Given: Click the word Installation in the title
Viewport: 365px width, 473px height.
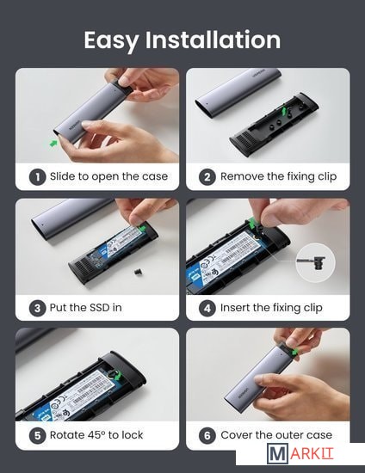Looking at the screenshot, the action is click(213, 40).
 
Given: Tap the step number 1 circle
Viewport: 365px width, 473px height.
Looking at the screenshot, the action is click(37, 177).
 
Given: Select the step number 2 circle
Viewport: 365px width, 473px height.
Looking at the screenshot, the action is click(207, 177).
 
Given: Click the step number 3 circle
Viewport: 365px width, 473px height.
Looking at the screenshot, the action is click(37, 308).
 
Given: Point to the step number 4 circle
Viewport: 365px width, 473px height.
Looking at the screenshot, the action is click(207, 308).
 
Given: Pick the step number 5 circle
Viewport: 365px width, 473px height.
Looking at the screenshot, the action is click(37, 436).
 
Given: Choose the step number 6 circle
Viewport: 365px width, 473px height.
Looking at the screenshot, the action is click(207, 436).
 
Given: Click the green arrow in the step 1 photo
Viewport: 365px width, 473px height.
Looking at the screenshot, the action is click(53, 144).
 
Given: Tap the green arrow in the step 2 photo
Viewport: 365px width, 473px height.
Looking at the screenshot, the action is click(283, 111).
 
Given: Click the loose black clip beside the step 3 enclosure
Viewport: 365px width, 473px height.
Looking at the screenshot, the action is click(139, 272).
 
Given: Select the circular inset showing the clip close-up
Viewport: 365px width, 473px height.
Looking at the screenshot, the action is click(315, 262).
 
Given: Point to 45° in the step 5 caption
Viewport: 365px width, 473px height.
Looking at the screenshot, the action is click(96, 435).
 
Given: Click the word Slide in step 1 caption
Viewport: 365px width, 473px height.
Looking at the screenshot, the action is click(63, 176).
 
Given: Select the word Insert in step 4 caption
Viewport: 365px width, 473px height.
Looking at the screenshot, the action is click(235, 308).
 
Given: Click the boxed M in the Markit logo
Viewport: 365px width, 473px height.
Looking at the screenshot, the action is click(277, 454).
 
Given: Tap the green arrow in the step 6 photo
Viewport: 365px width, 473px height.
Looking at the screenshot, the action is click(294, 352).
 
